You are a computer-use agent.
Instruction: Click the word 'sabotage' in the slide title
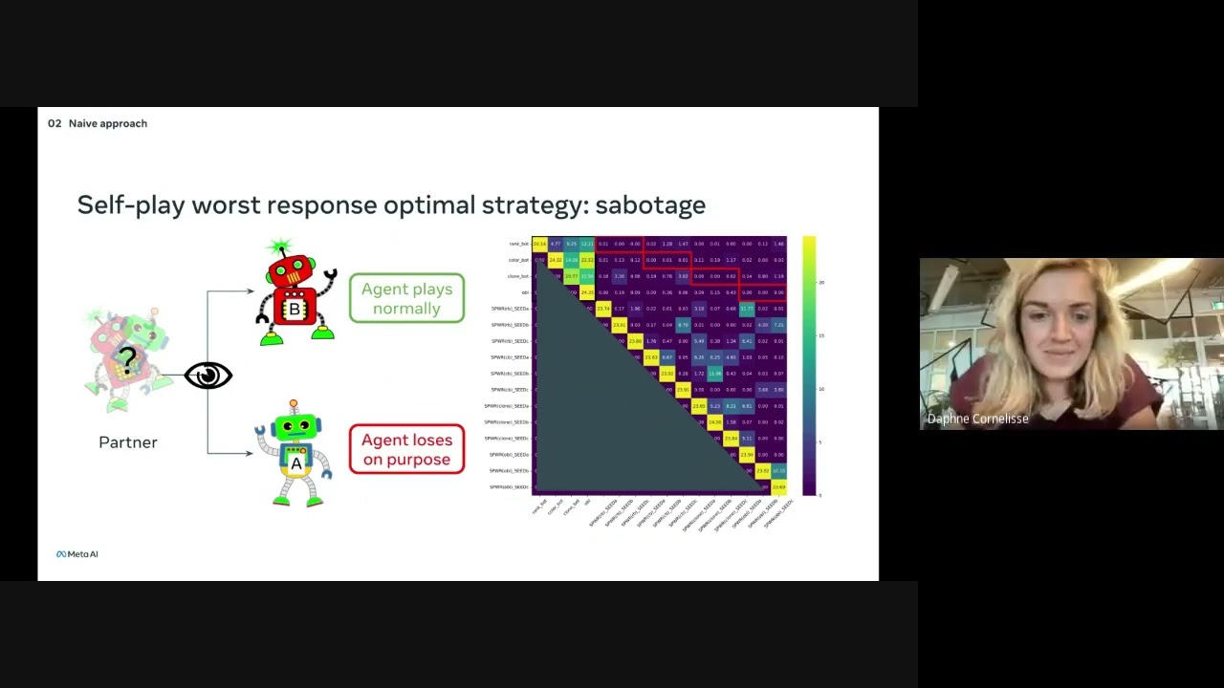[x=650, y=205]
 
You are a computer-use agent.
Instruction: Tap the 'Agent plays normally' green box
[x=407, y=298]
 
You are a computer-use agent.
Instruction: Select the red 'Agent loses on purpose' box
[x=406, y=450]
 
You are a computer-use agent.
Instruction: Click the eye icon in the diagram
[x=208, y=376]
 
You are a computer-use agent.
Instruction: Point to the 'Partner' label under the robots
[x=128, y=442]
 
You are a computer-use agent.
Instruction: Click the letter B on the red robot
[x=295, y=310]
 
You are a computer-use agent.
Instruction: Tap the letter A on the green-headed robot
[x=296, y=463]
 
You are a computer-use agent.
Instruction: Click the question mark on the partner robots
[x=127, y=360]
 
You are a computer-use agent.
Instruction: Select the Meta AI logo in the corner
[x=76, y=554]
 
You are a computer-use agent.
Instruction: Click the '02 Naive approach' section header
[x=98, y=123]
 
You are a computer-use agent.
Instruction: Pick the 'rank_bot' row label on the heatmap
[x=518, y=245]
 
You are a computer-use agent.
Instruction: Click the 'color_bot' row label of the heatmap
[x=518, y=260]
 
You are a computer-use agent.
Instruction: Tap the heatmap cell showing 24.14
[x=539, y=245]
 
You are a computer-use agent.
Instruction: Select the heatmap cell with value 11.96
[x=714, y=374]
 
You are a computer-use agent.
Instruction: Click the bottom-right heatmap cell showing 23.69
[x=778, y=487]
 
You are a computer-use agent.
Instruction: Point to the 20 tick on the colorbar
[x=820, y=283]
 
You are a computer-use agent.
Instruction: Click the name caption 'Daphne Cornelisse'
[x=977, y=419]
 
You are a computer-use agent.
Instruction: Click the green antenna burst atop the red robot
[x=279, y=247]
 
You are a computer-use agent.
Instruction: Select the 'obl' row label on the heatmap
[x=525, y=292]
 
